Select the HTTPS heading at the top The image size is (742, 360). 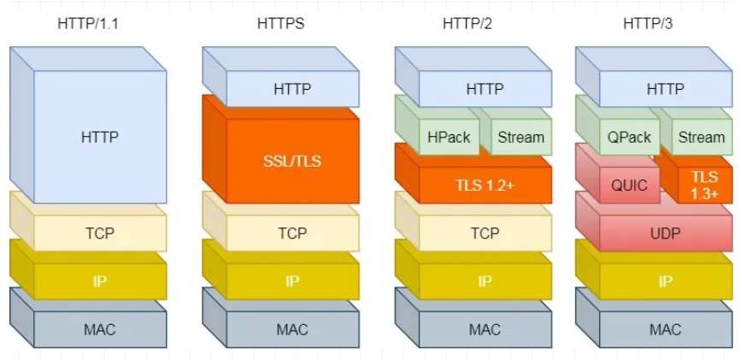[280, 23]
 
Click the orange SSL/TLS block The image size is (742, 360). [292, 161]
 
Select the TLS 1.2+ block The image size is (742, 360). [485, 185]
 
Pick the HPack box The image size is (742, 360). [448, 137]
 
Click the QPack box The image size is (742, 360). [629, 137]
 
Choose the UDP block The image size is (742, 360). [665, 233]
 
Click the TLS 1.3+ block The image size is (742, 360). [704, 185]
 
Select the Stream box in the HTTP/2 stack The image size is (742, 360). [521, 137]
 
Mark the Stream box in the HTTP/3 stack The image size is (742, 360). [701, 137]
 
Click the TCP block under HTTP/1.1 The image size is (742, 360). [100, 233]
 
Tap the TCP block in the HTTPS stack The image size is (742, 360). [292, 233]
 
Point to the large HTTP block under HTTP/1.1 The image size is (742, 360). [100, 137]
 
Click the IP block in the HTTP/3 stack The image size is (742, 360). [665, 280]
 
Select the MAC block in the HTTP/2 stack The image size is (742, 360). [485, 329]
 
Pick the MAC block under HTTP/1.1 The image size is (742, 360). [100, 329]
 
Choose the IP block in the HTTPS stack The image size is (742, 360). [292, 280]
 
